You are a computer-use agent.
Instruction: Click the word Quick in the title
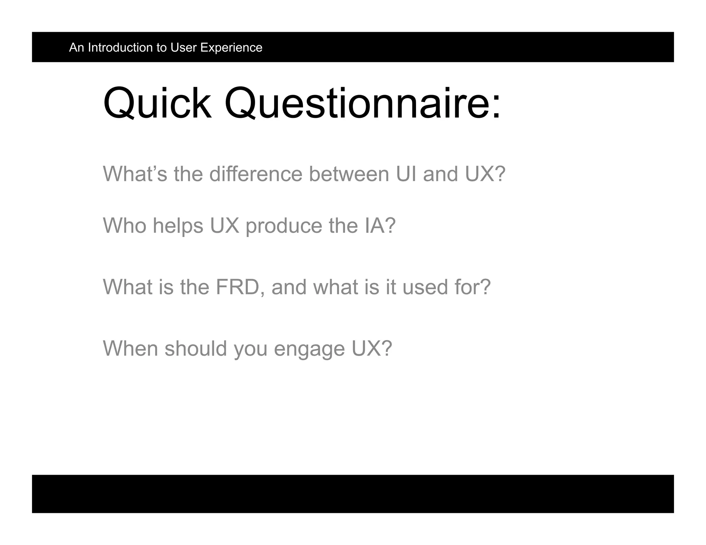[x=157, y=103]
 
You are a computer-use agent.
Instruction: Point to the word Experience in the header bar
[x=231, y=48]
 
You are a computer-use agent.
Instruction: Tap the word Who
[x=124, y=226]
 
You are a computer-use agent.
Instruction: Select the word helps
[x=178, y=226]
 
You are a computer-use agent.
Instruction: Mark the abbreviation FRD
[x=238, y=287]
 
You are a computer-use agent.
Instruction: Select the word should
[x=196, y=348]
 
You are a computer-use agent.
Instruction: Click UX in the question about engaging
[x=366, y=348]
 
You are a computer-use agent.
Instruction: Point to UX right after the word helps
[x=224, y=226]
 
